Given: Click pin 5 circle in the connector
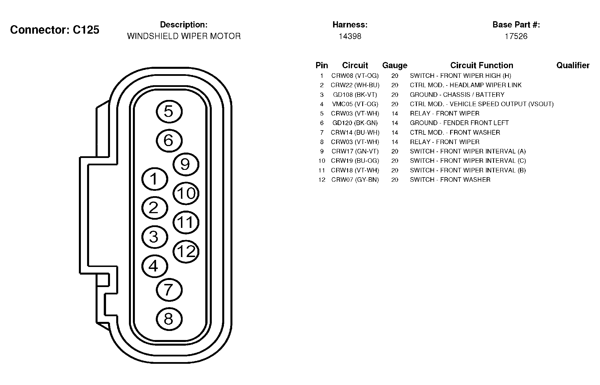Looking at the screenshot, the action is coord(169,112).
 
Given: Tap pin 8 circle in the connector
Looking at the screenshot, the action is coord(169,319).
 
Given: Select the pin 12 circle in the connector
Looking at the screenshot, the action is coord(186,251).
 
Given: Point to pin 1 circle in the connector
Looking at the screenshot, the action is coord(155,179).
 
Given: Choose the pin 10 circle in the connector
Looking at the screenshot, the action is coord(186,193).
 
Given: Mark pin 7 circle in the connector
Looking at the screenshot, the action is coord(169,290).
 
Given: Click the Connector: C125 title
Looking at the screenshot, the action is coord(55,30).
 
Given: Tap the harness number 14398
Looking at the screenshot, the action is coord(350,36).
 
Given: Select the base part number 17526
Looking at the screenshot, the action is coord(516,36).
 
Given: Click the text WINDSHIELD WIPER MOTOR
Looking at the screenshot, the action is coord(184,36).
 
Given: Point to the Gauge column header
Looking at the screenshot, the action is coord(395,66).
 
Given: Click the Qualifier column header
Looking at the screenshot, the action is coord(573,65).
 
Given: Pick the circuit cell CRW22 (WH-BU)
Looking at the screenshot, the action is coord(355,85).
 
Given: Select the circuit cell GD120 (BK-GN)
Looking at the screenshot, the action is coord(355,123).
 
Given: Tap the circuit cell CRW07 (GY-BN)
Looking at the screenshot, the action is coord(355,180).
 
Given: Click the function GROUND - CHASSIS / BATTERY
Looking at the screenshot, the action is coord(457,95).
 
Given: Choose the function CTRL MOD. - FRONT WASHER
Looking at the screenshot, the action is coord(455,132).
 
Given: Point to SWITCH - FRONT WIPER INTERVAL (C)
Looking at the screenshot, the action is coord(468,161).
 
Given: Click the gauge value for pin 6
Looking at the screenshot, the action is coord(395,123).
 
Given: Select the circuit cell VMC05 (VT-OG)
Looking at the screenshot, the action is coord(355,104).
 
